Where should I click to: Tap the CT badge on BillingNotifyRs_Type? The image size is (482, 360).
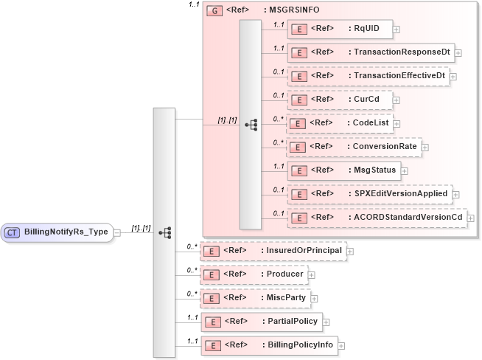coord(13,232)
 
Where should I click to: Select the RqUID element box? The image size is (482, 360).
coord(339,29)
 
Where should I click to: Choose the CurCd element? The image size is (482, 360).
coord(338,100)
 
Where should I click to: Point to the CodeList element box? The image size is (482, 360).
coord(339,123)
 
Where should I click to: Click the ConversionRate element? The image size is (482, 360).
coord(353,147)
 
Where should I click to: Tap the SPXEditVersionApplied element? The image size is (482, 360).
coord(369,194)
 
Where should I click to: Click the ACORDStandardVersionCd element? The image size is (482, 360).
coord(376,218)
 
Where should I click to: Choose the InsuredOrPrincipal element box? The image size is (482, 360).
coord(273,251)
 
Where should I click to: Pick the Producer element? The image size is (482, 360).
coord(254,274)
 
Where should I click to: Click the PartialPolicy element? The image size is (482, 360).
coord(261,322)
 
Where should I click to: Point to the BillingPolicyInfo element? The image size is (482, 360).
coord(268,345)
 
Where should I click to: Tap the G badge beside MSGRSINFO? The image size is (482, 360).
coord(214,11)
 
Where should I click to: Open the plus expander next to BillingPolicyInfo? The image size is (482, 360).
coord(341,345)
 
